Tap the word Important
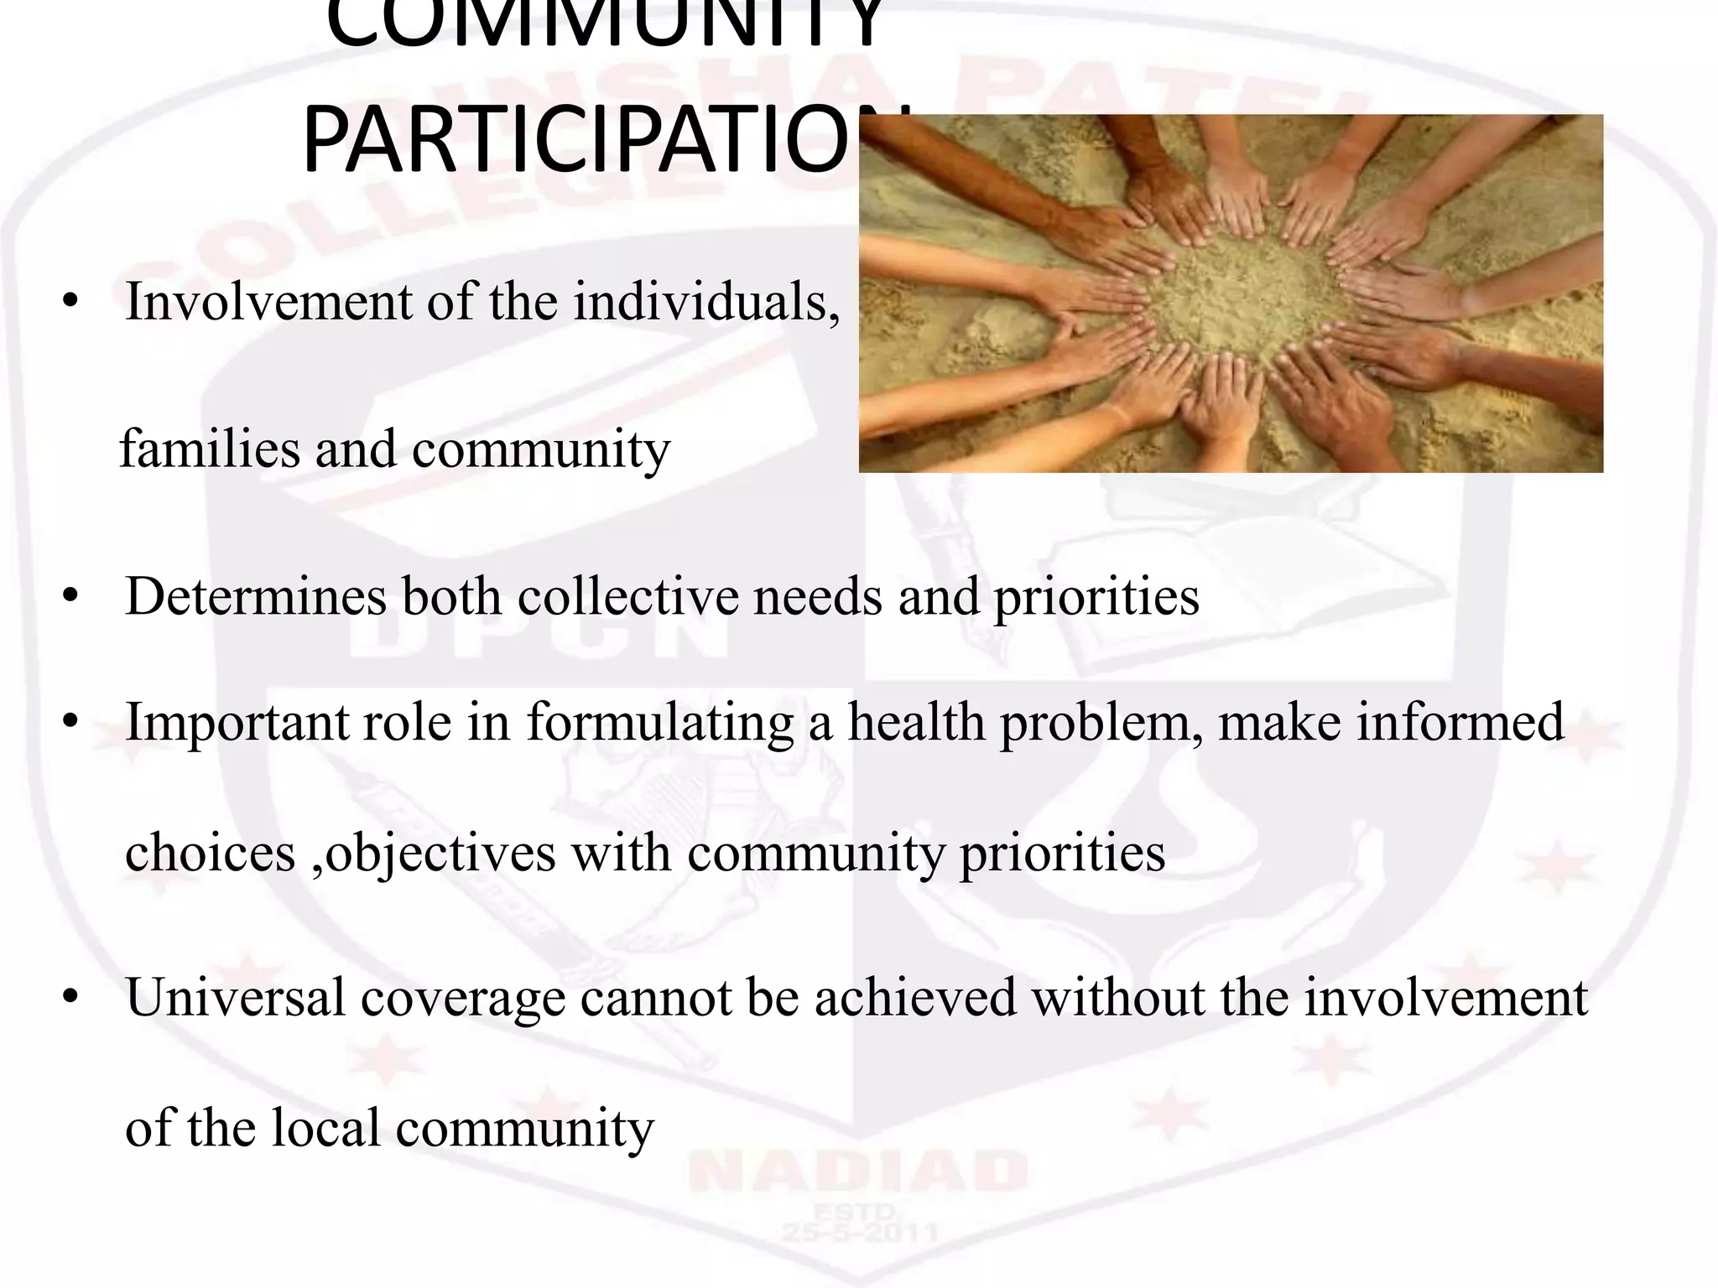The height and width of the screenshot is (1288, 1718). point(236,722)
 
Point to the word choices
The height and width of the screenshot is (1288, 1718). point(210,853)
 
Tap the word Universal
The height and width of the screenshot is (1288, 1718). point(236,998)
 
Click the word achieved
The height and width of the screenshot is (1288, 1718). point(915,998)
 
